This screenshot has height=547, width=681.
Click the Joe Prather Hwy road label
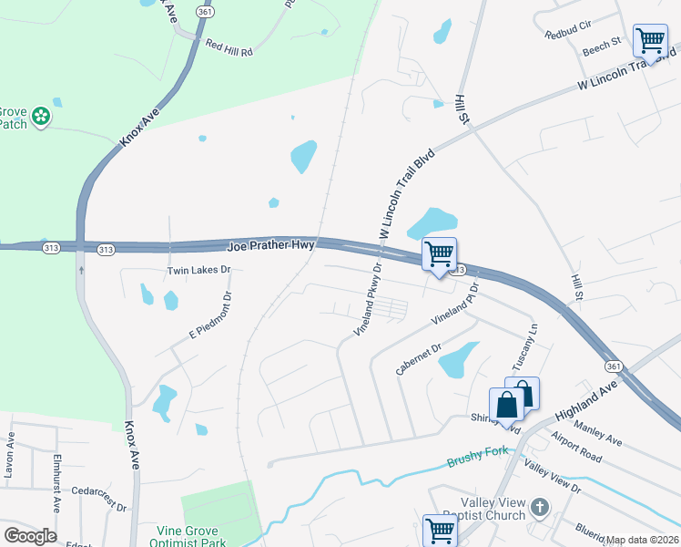tap(270, 245)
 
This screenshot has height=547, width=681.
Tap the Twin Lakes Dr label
tap(199, 271)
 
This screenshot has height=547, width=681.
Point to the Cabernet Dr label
tap(418, 359)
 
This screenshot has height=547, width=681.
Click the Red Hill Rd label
tap(229, 45)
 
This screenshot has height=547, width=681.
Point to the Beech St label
tap(602, 42)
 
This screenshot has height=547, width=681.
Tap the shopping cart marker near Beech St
tap(649, 40)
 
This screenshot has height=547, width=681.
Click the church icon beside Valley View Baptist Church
tap(539, 506)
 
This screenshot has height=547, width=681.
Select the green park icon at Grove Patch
tap(40, 116)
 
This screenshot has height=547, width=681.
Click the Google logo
tap(30, 536)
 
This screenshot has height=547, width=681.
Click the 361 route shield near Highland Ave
tap(614, 365)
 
